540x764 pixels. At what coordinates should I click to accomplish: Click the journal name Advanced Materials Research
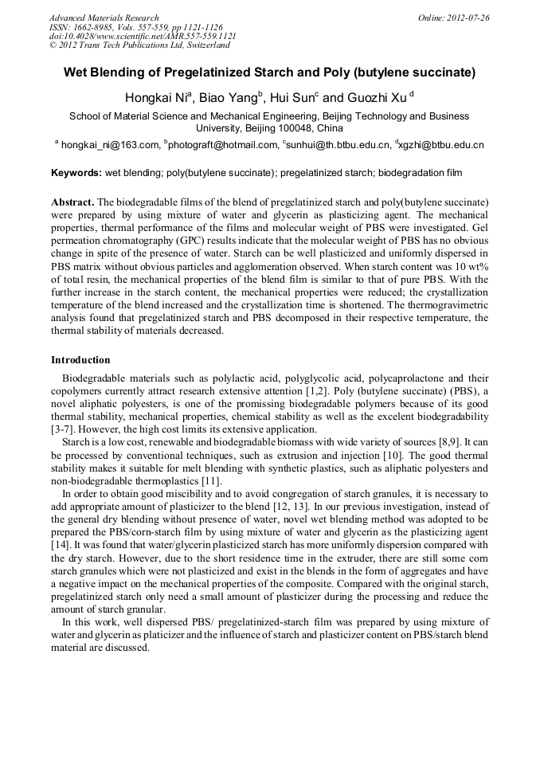pyautogui.click(x=104, y=18)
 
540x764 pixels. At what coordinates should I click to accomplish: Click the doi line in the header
pyautogui.click(x=143, y=37)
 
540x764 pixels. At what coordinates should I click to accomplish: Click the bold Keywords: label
pyautogui.click(x=76, y=173)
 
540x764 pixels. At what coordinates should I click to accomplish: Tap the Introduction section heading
pyautogui.click(x=80, y=360)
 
